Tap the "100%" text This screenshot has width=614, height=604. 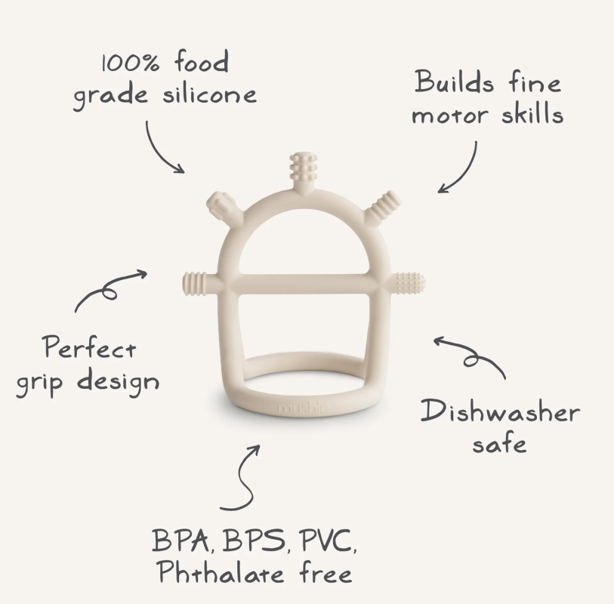[x=131, y=63]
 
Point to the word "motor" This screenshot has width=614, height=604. [x=450, y=115]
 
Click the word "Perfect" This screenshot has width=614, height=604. [x=90, y=347]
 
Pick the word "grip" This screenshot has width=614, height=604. [x=39, y=384]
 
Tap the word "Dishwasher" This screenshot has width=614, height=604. [x=500, y=411]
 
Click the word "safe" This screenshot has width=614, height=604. [x=499, y=444]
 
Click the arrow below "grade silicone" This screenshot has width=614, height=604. [x=158, y=152]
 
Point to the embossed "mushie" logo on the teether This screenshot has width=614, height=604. [x=303, y=408]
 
